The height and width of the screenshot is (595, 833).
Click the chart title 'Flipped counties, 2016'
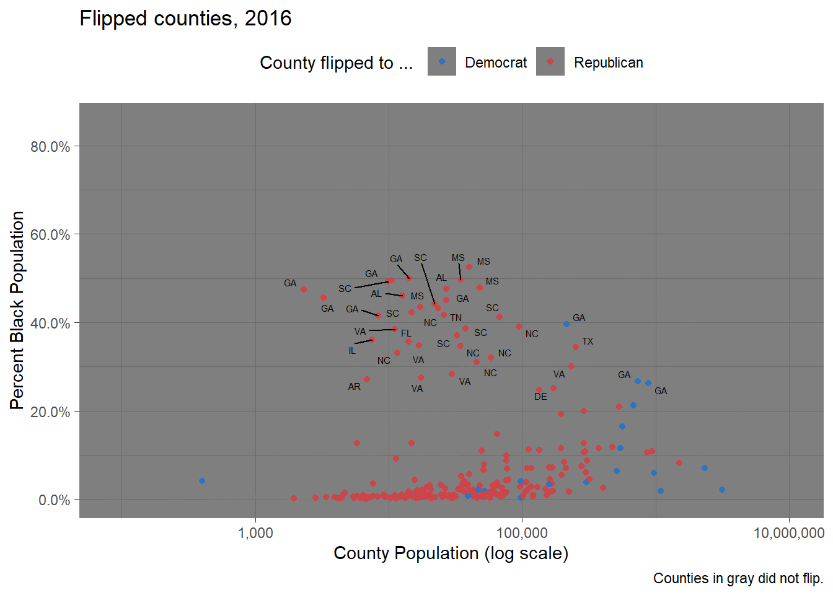click(x=185, y=19)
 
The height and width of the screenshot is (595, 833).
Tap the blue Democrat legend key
click(x=442, y=62)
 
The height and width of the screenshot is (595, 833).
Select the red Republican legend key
click(x=550, y=62)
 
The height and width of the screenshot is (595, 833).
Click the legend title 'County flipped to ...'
click(x=336, y=63)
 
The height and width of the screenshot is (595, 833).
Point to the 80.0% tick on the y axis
click(x=50, y=147)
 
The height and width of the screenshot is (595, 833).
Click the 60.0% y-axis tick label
click(x=50, y=235)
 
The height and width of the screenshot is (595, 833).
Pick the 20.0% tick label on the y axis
click(x=50, y=412)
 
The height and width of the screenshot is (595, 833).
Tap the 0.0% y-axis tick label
click(x=54, y=500)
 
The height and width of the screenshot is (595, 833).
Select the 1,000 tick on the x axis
click(x=255, y=533)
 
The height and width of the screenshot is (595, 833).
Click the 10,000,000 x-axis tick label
click(x=788, y=533)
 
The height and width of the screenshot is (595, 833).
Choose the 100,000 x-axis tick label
click(x=522, y=533)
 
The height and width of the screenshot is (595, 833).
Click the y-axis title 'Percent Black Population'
click(x=17, y=311)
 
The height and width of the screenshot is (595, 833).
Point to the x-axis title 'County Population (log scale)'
click(x=451, y=553)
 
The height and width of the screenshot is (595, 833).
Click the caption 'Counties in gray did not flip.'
click(x=738, y=578)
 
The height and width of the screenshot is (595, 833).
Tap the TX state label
click(x=588, y=342)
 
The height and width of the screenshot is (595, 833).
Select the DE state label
click(x=540, y=397)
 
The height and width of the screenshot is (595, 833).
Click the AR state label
click(x=354, y=387)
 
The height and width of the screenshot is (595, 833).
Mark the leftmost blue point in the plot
click(x=202, y=481)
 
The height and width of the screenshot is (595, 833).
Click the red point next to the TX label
click(x=576, y=347)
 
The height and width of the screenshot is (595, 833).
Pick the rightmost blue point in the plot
click(x=722, y=490)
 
